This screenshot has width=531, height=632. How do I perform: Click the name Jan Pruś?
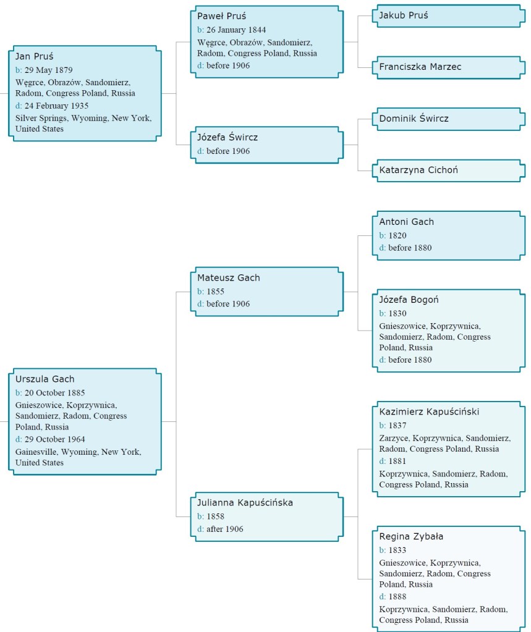[x=35, y=56]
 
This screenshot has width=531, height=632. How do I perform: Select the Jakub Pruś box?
[x=448, y=15]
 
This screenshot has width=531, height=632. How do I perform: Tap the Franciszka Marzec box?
[x=448, y=67]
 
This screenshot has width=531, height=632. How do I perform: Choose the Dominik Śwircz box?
[x=448, y=118]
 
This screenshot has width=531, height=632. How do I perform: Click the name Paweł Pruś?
[x=221, y=16]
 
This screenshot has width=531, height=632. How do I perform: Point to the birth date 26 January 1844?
[x=237, y=30]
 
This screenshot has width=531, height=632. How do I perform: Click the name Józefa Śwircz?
[x=227, y=137]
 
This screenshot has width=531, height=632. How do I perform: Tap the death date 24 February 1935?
[x=56, y=106]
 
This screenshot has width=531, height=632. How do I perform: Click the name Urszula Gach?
[x=45, y=379]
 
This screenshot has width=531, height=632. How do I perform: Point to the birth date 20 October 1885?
[x=54, y=393]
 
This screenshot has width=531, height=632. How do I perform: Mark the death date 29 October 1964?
[x=54, y=439]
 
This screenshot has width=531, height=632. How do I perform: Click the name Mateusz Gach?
[x=228, y=277]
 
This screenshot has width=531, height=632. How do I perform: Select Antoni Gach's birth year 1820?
[x=397, y=235]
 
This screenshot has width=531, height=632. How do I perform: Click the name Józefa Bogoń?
[x=409, y=300]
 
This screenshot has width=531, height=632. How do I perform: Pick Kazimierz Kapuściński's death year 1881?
[x=397, y=461]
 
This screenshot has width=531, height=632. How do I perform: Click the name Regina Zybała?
[x=411, y=536]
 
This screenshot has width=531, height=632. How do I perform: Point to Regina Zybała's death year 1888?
[x=397, y=596]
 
